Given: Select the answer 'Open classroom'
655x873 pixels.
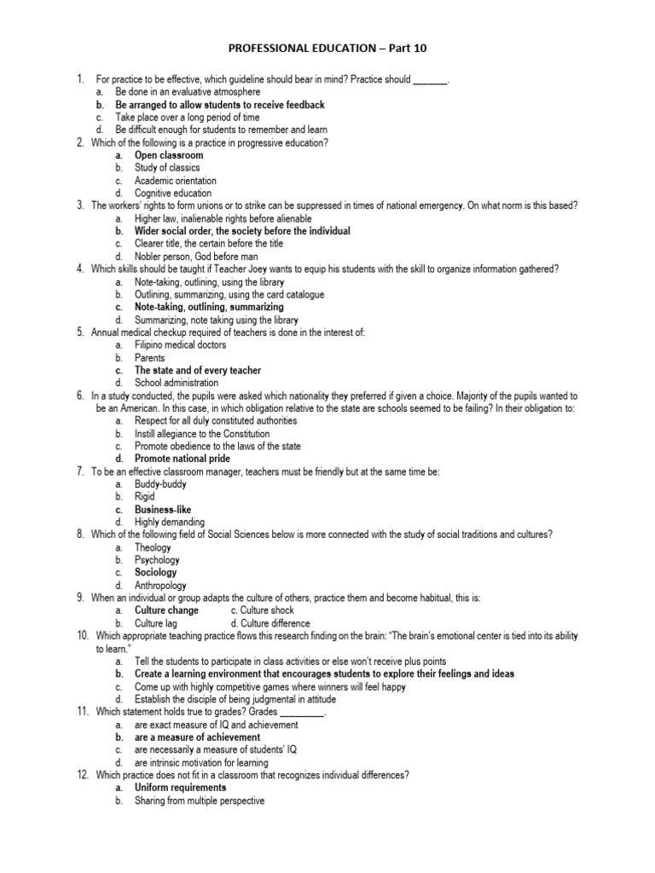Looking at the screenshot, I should [169, 155].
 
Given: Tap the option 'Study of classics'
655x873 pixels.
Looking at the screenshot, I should [167, 168].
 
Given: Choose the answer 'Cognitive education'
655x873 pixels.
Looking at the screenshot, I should [174, 194].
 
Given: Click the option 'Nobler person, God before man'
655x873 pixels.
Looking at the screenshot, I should [195, 256].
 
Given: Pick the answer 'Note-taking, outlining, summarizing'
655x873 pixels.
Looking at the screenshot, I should [209, 307].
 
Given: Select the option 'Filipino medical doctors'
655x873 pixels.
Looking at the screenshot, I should [180, 345].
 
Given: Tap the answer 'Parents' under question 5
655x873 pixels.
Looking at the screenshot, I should [149, 358].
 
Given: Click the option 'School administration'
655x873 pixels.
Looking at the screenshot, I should [177, 383].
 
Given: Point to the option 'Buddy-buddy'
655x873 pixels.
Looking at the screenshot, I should [159, 484].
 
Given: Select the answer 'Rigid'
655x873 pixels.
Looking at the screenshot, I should [146, 496].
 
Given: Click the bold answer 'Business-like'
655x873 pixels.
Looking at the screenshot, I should [163, 509].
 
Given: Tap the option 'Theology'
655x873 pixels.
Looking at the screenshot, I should [153, 547].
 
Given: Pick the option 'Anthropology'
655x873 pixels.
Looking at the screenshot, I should [161, 585].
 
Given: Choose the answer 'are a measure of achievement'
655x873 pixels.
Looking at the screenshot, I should [197, 737].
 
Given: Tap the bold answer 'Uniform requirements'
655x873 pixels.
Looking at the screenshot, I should [180, 788].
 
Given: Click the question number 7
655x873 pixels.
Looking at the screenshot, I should [79, 471].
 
